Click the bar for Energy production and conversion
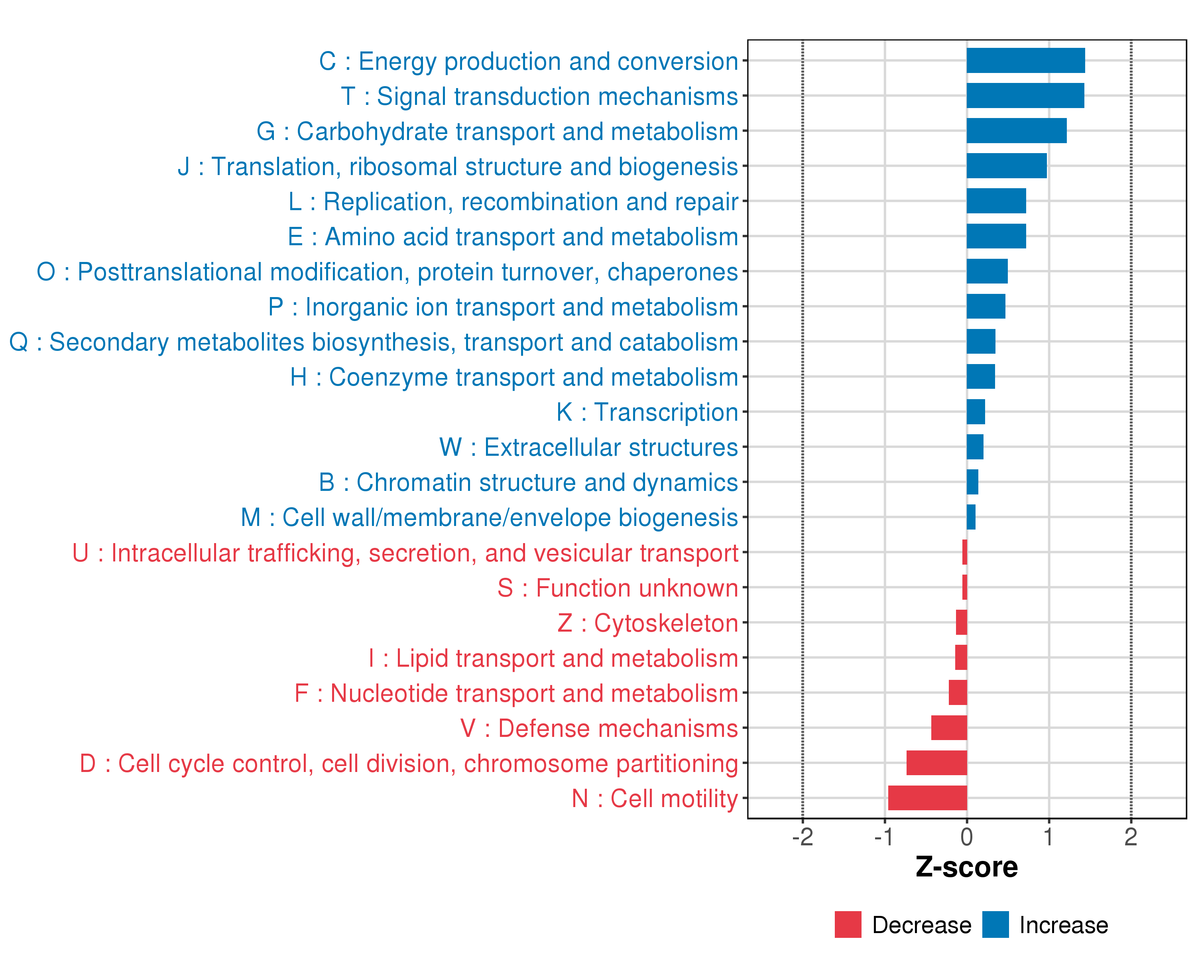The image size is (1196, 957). [x=1025, y=61]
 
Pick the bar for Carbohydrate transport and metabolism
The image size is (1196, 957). [x=1016, y=131]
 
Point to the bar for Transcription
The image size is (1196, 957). [x=976, y=412]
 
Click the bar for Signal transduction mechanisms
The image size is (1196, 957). [x=1025, y=95]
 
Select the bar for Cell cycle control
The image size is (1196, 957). [x=936, y=763]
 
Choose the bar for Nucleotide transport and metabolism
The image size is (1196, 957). [x=958, y=692]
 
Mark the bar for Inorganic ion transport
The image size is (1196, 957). [x=986, y=306]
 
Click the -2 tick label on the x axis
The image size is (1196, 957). [x=802, y=837]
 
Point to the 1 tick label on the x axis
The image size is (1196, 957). [x=1048, y=837]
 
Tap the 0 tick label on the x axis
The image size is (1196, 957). [x=966, y=837]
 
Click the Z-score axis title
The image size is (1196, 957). [x=966, y=867]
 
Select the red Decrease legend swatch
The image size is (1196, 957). [x=848, y=925]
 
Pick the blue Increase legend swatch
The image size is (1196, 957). [x=995, y=925]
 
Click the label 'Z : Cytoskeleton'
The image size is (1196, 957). [x=647, y=623]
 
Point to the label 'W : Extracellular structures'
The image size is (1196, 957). [x=588, y=447]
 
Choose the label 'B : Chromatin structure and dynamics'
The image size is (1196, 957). [x=528, y=482]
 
